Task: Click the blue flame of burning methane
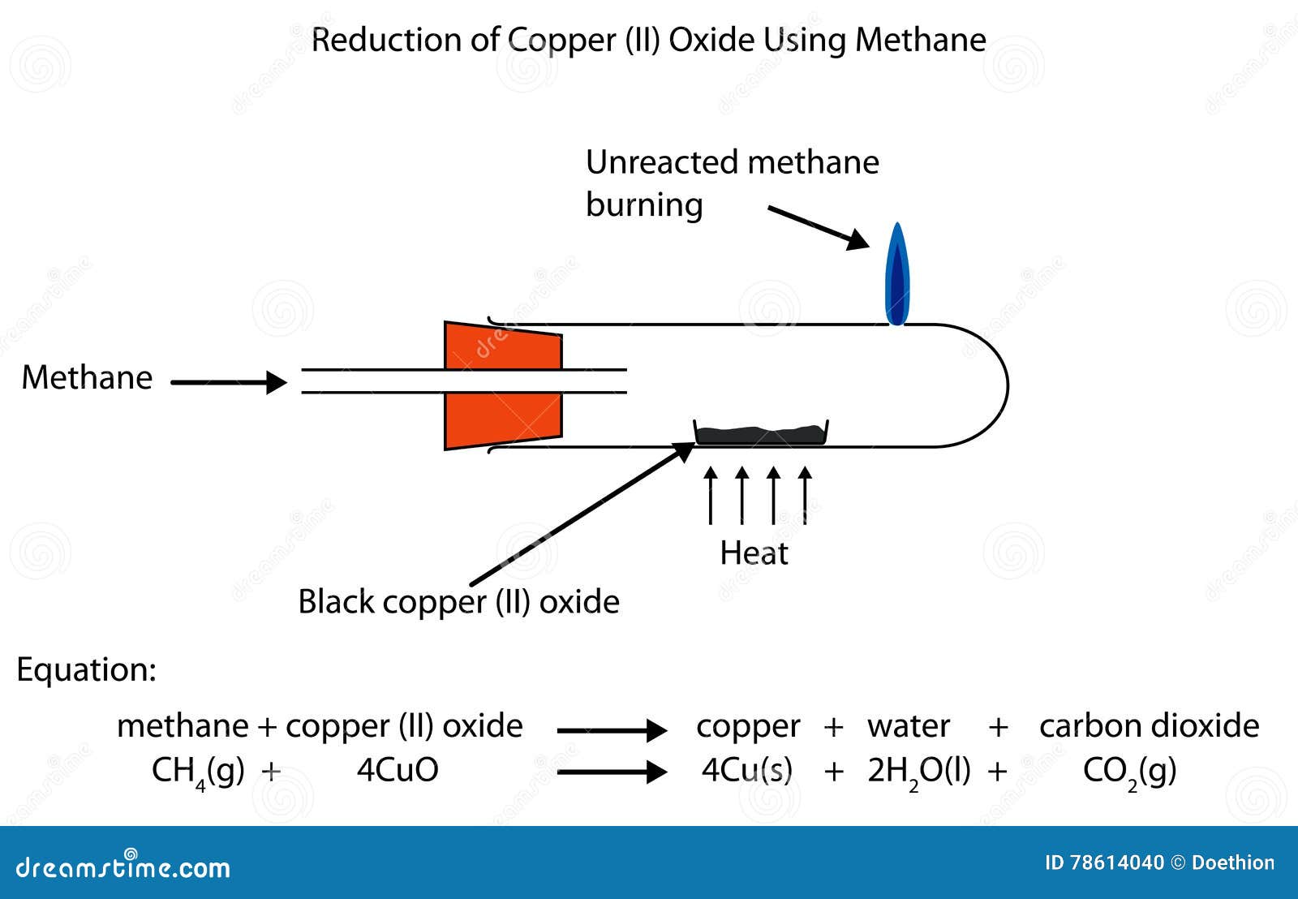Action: [896, 276]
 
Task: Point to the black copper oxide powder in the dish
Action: [761, 435]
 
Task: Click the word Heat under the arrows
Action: [754, 553]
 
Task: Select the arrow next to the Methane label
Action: [229, 382]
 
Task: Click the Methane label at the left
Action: [87, 378]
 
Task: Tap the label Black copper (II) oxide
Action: [458, 602]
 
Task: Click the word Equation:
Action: [86, 670]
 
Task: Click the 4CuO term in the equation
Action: [398, 770]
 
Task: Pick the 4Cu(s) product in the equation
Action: [746, 770]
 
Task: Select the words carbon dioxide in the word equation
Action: [1149, 726]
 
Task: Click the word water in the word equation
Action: [908, 726]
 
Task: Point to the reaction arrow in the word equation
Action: [612, 730]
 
